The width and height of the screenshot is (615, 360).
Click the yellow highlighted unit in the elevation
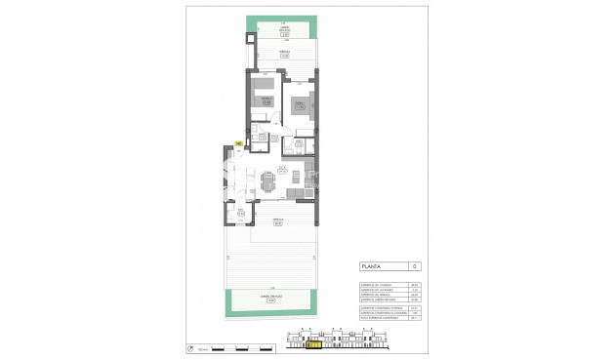314,343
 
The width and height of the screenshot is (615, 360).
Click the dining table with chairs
268,181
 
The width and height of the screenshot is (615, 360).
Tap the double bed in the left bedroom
265,98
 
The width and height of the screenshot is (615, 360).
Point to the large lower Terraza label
278,221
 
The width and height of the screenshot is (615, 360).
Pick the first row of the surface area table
381,283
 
